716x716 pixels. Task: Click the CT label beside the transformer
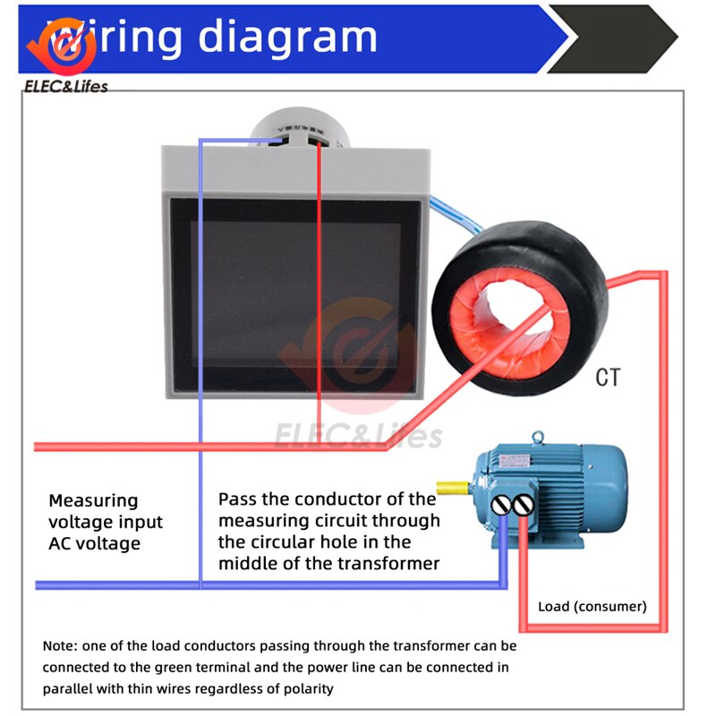click(x=608, y=378)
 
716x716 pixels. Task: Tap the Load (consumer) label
click(x=592, y=606)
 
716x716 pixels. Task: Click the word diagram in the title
click(x=287, y=37)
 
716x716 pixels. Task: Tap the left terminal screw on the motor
click(x=501, y=505)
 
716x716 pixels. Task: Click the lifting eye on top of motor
click(x=537, y=439)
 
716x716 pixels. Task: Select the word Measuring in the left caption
click(x=93, y=500)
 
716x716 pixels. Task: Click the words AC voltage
click(x=94, y=543)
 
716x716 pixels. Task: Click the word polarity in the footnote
click(x=303, y=688)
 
